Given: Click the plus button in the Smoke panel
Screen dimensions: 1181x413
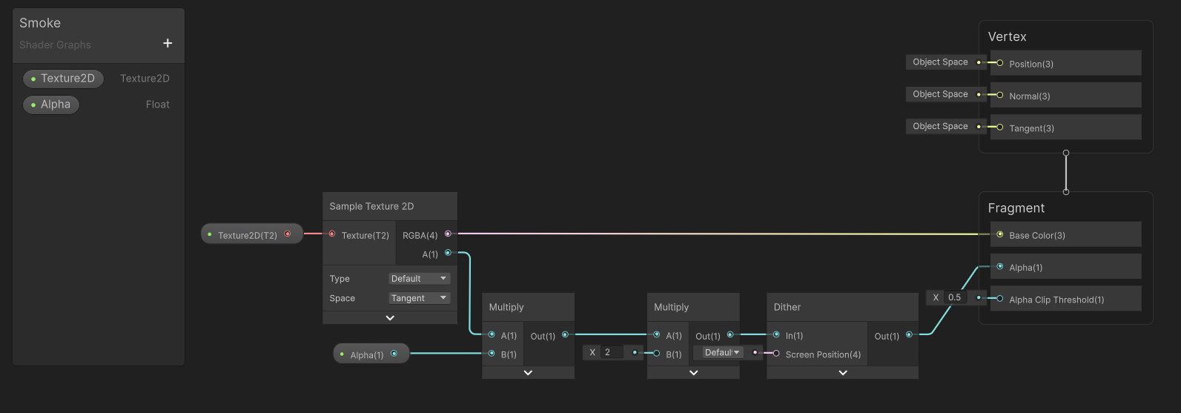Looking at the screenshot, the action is [168, 43].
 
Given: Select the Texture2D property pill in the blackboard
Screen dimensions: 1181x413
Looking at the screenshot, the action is [63, 79].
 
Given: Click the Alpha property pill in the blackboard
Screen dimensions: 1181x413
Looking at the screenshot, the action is [51, 105].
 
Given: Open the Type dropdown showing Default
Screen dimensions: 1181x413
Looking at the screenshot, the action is [419, 279].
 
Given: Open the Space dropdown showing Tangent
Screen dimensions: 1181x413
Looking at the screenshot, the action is [419, 298].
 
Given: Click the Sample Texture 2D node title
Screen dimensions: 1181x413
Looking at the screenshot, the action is [371, 206].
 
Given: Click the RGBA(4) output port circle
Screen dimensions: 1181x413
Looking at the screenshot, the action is [448, 234].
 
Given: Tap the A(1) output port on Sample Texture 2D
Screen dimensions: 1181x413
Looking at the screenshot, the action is [448, 253].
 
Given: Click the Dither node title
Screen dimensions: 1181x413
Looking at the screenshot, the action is [787, 307].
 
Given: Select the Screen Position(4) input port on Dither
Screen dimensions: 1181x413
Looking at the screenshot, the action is [776, 354].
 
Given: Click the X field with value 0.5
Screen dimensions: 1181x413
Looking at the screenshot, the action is [955, 297].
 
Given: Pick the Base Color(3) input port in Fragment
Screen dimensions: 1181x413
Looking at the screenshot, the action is [999, 234].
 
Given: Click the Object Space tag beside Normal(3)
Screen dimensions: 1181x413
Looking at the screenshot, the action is [941, 94].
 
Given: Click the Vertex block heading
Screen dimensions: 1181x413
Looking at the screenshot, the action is [1007, 36].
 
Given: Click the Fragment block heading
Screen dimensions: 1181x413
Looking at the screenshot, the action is [1016, 208].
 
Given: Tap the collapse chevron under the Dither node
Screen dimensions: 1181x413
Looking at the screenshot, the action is [843, 372].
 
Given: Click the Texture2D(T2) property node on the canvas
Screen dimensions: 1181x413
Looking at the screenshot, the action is [252, 234].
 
